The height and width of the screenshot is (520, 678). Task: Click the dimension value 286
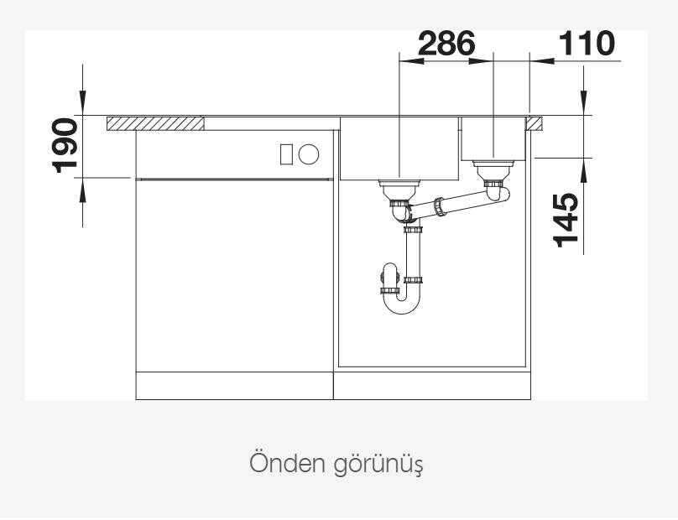pyautogui.click(x=446, y=44)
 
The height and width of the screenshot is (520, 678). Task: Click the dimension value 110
pyautogui.click(x=587, y=44)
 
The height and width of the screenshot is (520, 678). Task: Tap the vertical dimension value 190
pyautogui.click(x=65, y=145)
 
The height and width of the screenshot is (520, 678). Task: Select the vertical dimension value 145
pyautogui.click(x=566, y=220)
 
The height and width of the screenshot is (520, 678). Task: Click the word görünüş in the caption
pyautogui.click(x=379, y=465)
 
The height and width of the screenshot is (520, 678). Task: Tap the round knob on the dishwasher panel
pyautogui.click(x=309, y=154)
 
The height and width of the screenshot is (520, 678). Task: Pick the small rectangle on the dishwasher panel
pyautogui.click(x=286, y=154)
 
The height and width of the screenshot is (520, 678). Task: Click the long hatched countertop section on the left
pyautogui.click(x=156, y=123)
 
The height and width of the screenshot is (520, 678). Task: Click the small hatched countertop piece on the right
pyautogui.click(x=534, y=123)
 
